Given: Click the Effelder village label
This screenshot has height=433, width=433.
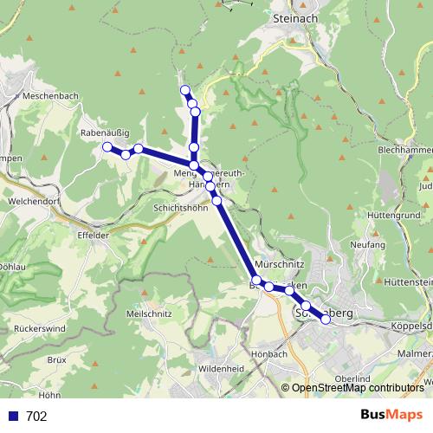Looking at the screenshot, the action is (94, 234).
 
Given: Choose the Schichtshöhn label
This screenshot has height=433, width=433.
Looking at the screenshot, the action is (180, 209).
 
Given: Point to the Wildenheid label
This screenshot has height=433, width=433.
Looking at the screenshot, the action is (223, 367).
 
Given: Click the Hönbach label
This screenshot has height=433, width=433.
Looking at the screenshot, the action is (268, 353).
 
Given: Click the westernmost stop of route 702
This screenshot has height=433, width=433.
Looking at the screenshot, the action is (107, 147).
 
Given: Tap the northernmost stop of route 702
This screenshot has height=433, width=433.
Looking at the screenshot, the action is (184, 90).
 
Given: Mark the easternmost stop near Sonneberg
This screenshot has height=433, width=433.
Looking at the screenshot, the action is (326, 320).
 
